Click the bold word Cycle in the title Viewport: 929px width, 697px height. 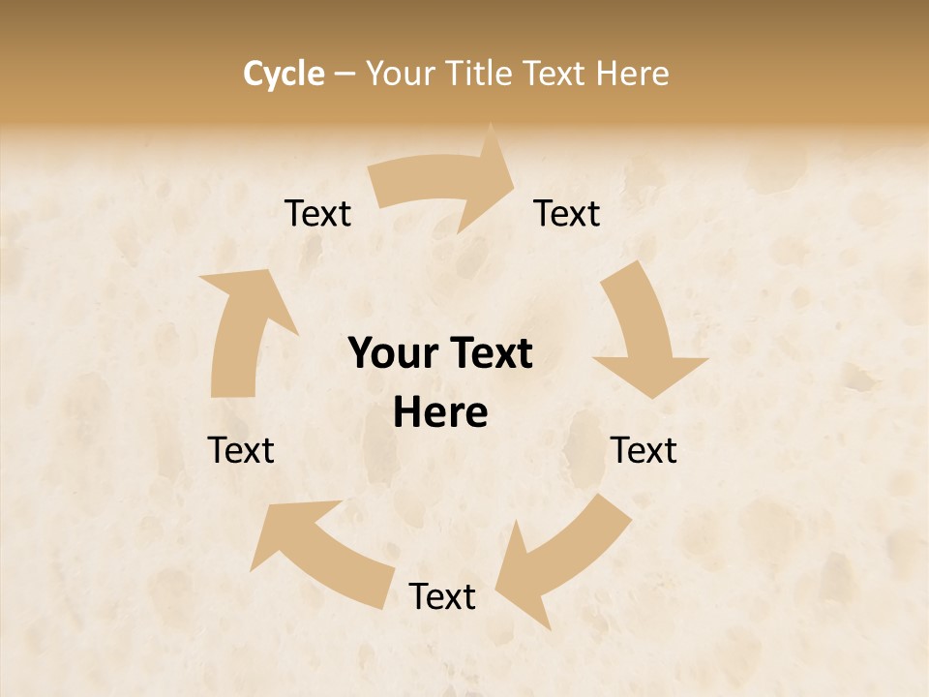click(x=284, y=74)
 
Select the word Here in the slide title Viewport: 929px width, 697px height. click(x=633, y=74)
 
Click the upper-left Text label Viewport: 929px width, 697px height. click(x=317, y=214)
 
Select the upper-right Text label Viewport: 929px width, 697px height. click(x=567, y=214)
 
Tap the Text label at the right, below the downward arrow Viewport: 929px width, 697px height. click(x=644, y=450)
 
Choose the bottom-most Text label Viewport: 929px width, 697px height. click(x=442, y=597)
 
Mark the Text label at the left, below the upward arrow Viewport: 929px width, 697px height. click(x=241, y=450)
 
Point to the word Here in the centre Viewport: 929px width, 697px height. click(x=440, y=413)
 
